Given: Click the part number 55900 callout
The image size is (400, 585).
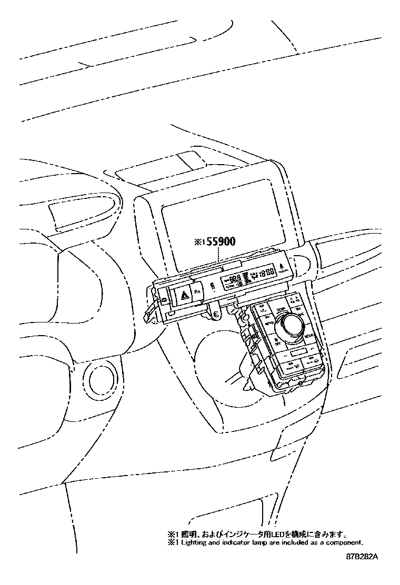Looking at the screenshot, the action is [221, 242].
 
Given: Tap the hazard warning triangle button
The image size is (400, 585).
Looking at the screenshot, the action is [185, 297].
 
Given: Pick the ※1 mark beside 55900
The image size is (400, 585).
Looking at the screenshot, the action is [199, 243].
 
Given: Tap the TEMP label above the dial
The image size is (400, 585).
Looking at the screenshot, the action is [281, 309].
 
